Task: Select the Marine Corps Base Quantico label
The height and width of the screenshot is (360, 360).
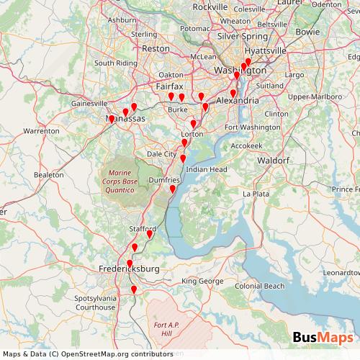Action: coord(120,181)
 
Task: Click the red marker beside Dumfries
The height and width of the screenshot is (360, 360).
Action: coord(173,189)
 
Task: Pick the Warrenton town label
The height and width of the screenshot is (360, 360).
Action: coord(41,132)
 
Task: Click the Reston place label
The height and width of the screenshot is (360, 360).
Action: coord(156,48)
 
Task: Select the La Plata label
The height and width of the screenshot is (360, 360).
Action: coord(255,194)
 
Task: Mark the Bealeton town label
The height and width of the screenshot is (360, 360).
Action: coord(48,175)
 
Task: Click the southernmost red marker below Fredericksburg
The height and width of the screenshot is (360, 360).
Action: coord(134,290)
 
